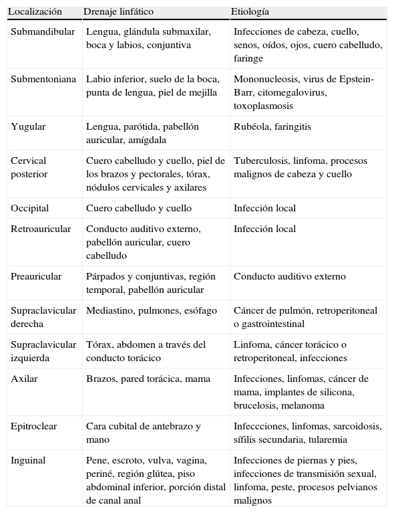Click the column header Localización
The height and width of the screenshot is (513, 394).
(35, 12)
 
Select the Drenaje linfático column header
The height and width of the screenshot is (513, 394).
(118, 12)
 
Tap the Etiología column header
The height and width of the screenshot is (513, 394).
(250, 12)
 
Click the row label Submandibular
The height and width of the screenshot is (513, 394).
(43, 32)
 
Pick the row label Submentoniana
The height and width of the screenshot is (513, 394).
(43, 79)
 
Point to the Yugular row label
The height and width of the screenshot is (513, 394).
(28, 126)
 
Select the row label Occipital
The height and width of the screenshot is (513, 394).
(29, 208)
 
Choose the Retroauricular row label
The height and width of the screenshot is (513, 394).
(41, 229)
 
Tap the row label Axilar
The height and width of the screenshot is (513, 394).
(24, 379)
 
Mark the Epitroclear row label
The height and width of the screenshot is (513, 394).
(34, 426)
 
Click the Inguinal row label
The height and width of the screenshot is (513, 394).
(29, 460)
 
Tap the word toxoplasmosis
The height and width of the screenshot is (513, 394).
(263, 106)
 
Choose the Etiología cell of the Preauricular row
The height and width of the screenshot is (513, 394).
(289, 276)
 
